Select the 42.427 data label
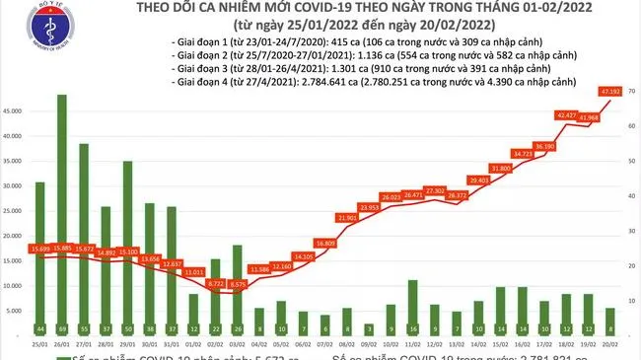coord(566,115)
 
